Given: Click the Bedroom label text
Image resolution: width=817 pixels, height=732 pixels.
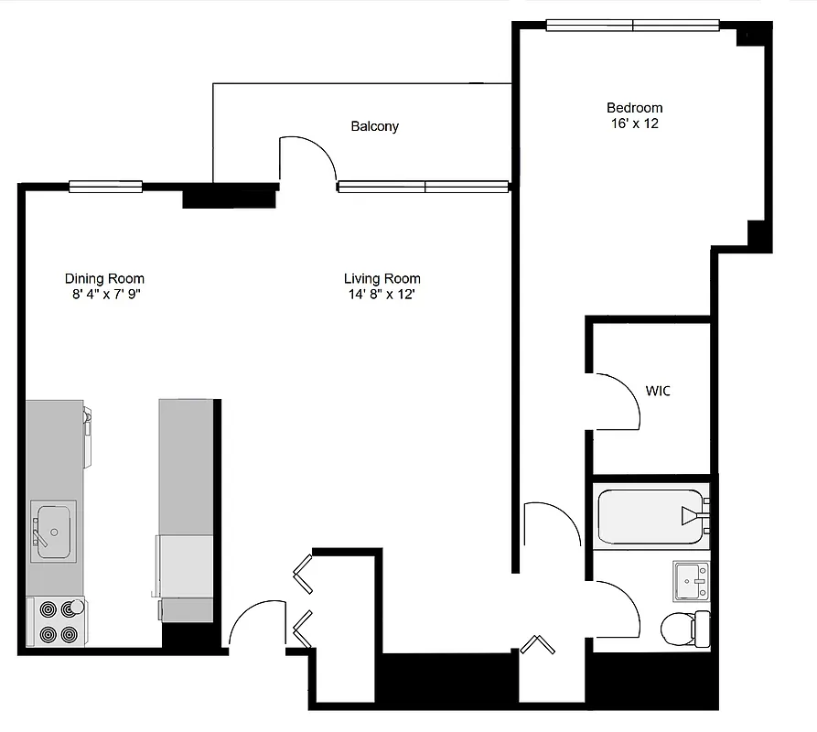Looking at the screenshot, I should click(x=634, y=108).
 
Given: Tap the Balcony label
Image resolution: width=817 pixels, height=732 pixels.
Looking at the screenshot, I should click(x=375, y=126).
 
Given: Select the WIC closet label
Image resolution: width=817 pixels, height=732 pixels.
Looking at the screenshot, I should click(x=658, y=391).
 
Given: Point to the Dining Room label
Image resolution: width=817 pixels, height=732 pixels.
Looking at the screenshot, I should click(x=104, y=278).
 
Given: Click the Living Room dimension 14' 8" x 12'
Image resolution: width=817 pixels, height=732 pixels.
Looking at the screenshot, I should click(x=382, y=294).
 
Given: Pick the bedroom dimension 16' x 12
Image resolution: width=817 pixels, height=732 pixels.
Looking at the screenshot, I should click(x=634, y=124).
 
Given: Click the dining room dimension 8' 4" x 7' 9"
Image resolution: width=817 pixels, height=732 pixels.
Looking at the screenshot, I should click(x=104, y=294).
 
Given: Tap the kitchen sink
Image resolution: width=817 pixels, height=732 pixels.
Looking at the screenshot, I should click(x=53, y=531).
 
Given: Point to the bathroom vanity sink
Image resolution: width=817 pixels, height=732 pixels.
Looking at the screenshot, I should click(x=692, y=580).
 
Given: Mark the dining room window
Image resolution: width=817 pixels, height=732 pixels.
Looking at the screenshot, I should click(x=105, y=187).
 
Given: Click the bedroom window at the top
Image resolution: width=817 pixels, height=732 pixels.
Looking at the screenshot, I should click(x=632, y=26).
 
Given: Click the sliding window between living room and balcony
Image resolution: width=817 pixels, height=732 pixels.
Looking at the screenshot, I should click(x=423, y=187).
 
